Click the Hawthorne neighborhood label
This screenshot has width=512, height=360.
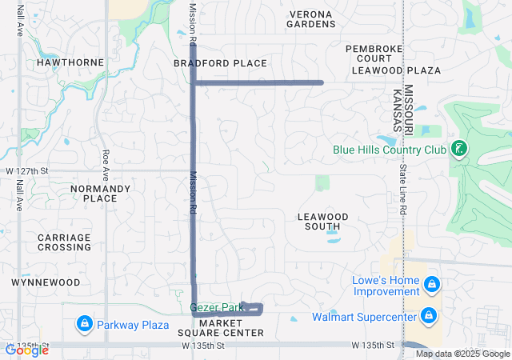point(70,62)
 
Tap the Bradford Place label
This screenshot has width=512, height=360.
point(220,63)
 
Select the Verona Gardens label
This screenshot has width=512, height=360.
point(311,19)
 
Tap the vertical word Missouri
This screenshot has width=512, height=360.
point(408,110)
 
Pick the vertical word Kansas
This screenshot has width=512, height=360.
point(398,112)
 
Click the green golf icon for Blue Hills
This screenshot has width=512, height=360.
point(459,149)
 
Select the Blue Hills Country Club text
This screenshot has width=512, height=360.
point(390,149)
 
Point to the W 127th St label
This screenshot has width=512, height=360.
point(27,171)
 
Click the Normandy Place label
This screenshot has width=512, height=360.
point(100,194)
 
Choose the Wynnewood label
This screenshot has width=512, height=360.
point(46,282)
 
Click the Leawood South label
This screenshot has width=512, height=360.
point(323,222)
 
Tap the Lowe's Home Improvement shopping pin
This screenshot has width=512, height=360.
point(431,284)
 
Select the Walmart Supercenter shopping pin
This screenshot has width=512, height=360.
point(430,317)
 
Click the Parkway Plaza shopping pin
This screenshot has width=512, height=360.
point(84,325)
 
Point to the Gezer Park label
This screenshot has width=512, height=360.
point(216,307)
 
